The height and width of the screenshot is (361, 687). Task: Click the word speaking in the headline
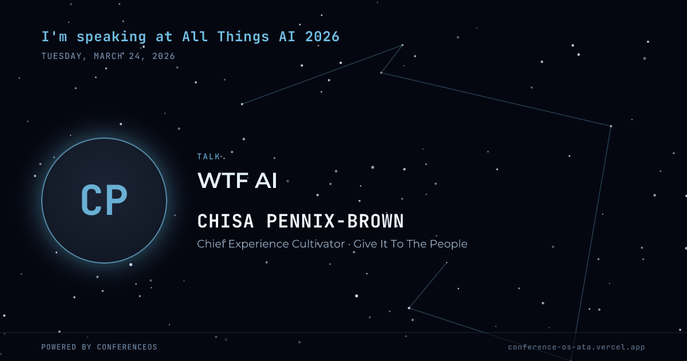click(111, 37)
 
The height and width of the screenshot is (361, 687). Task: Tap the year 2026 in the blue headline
click(322, 37)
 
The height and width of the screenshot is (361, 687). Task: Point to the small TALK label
click(208, 156)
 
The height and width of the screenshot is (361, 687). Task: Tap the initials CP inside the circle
click(104, 200)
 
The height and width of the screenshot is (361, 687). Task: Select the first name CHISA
click(226, 221)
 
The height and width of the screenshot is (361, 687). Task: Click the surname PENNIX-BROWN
click(335, 221)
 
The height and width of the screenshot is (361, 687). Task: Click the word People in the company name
click(448, 244)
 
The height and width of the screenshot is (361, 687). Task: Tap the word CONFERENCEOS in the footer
click(127, 347)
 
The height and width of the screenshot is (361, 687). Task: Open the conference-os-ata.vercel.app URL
click(577, 347)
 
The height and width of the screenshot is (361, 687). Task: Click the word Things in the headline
click(243, 37)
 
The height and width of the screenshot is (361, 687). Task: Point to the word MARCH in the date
click(108, 56)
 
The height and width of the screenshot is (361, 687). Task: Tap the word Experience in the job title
click(258, 244)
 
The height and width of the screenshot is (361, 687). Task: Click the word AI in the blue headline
click(287, 37)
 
